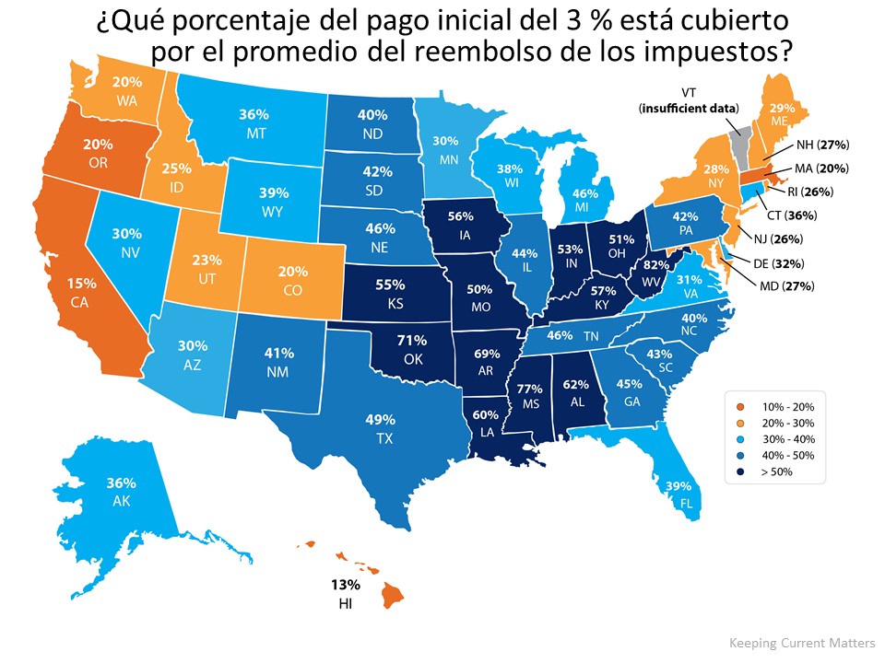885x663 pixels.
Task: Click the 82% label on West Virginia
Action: click(x=655, y=263)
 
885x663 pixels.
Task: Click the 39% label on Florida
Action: click(x=678, y=487)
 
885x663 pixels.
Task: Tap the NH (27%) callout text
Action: click(x=815, y=145)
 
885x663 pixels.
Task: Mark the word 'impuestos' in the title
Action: click(x=714, y=52)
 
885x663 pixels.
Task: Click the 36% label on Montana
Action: click(x=254, y=115)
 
